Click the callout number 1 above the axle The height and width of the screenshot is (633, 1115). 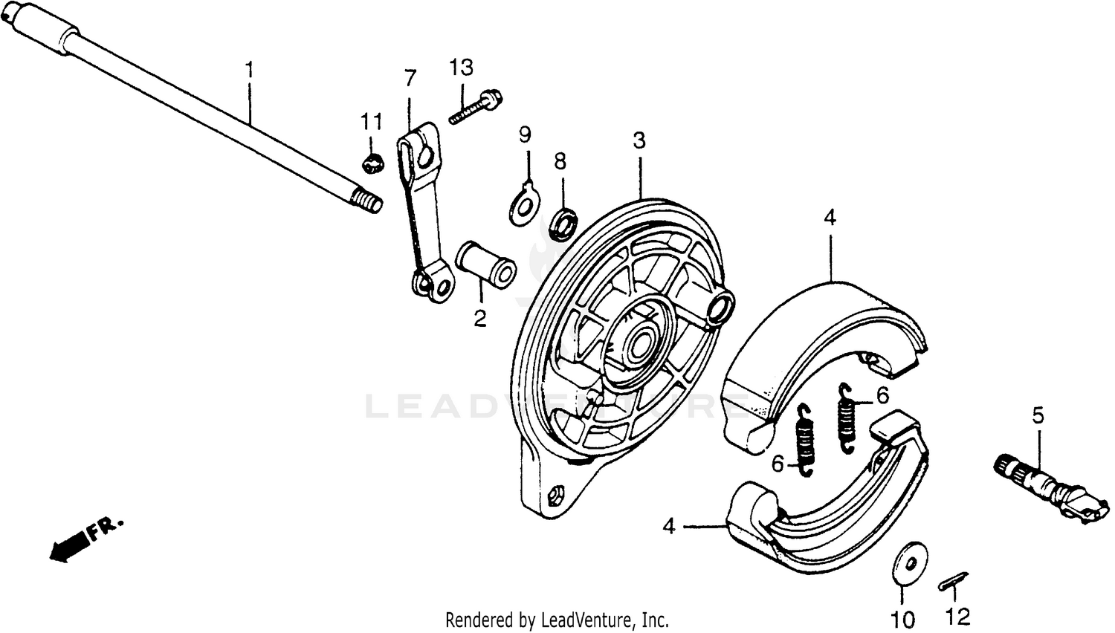(x=249, y=71)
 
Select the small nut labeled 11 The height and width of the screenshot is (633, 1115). (x=373, y=162)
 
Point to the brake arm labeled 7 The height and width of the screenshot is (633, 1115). (x=421, y=215)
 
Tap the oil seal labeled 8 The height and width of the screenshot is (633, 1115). (x=563, y=224)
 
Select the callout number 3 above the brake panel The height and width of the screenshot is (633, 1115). (x=639, y=140)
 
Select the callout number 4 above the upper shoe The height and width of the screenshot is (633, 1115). (x=830, y=218)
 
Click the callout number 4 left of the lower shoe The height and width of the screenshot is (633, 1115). (x=669, y=527)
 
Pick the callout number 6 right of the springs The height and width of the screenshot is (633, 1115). (x=882, y=396)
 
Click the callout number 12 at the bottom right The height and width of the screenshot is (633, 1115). (x=957, y=617)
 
